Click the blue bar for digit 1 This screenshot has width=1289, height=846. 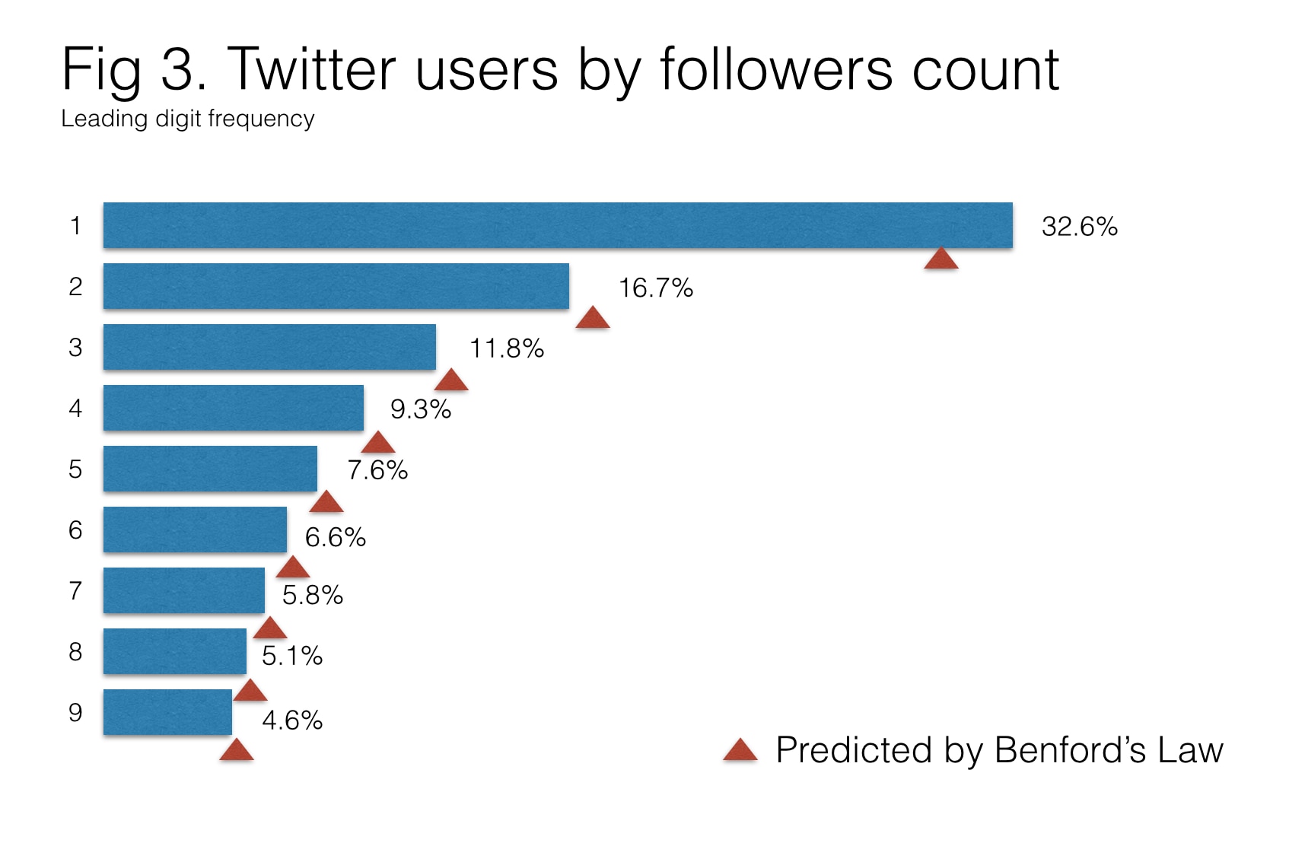point(558,225)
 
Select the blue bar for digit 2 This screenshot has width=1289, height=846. point(336,286)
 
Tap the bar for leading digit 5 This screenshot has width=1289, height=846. point(210,469)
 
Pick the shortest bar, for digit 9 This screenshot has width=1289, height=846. point(167,712)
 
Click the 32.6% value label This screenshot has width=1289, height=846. point(1079,227)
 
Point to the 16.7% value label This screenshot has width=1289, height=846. point(655,288)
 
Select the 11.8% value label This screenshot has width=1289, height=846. point(506,349)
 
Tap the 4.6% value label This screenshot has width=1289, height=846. point(292,720)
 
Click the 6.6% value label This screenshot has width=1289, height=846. point(335,538)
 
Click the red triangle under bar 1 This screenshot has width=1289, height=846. point(941,259)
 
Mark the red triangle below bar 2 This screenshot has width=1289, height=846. point(593,319)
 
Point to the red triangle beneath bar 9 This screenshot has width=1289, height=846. point(237,751)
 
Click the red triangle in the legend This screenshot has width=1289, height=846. point(740,751)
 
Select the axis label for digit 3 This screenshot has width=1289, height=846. point(75,348)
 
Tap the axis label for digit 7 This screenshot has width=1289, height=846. point(75,591)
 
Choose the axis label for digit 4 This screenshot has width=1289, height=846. point(75,409)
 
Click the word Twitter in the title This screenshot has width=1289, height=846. point(312,70)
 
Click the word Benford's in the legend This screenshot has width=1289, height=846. point(1070,750)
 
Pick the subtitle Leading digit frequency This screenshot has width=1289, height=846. point(187,119)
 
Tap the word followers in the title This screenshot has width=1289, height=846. point(775,70)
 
